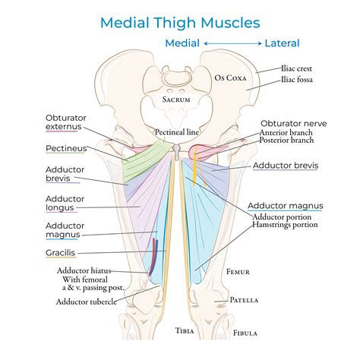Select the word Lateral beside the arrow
[282, 43]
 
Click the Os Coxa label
[232, 77]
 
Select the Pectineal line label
[177, 131]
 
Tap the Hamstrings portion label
[286, 226]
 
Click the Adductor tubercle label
[87, 302]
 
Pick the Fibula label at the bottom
[245, 332]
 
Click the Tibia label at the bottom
[185, 330]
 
